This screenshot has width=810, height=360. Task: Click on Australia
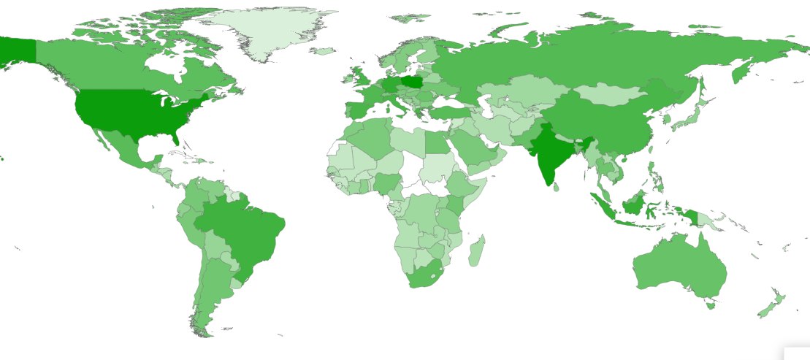pyautogui.click(x=679, y=270)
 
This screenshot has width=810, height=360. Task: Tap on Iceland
pyautogui.click(x=322, y=51)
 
